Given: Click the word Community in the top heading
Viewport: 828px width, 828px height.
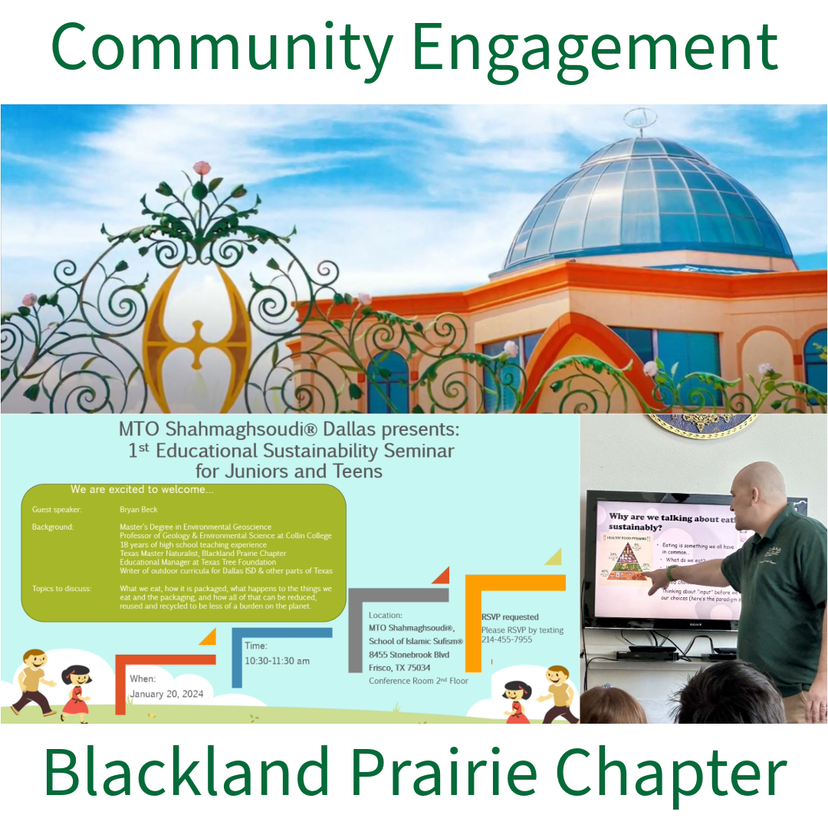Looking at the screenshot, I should pyautogui.click(x=223, y=48).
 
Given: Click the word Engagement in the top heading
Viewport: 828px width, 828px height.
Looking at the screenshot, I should pyautogui.click(x=595, y=48).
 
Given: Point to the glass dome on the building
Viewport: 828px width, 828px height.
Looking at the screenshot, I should pyautogui.click(x=648, y=203).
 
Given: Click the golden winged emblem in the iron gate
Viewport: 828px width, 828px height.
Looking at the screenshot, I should pyautogui.click(x=198, y=330).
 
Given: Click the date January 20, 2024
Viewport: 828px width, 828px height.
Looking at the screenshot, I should pyautogui.click(x=166, y=694).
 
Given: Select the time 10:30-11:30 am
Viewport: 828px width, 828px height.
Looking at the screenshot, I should pyautogui.click(x=277, y=660).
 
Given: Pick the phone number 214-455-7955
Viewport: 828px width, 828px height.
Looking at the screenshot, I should pyautogui.click(x=506, y=639).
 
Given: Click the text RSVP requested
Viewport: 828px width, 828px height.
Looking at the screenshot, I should pyautogui.click(x=510, y=617).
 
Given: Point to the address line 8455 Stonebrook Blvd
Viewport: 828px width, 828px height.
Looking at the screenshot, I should pyautogui.click(x=409, y=655).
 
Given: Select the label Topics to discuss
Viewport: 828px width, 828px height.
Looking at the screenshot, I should pyautogui.click(x=61, y=589).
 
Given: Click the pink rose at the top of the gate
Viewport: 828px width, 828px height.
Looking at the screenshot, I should pyautogui.click(x=202, y=168).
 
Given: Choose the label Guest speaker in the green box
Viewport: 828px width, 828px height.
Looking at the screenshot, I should pyautogui.click(x=57, y=509).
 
